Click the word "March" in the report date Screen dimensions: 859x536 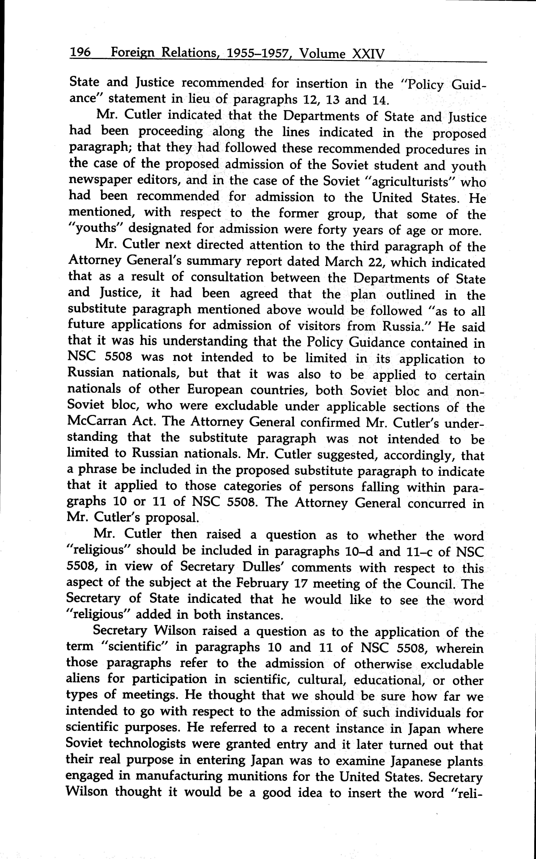click(343, 262)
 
